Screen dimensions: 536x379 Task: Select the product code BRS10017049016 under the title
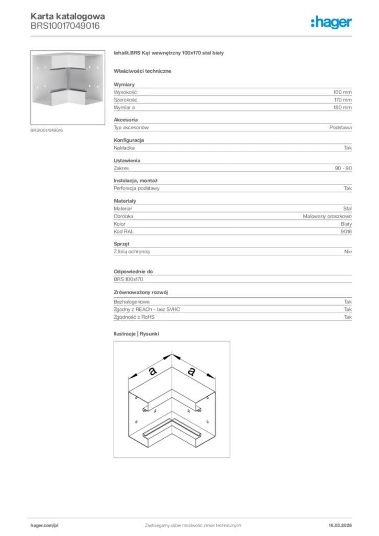[65, 25]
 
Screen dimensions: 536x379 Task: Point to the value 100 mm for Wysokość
[342, 92]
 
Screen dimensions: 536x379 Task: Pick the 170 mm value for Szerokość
[342, 99]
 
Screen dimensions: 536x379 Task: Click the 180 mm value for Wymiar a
[342, 107]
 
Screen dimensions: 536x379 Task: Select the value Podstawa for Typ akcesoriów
[340, 128]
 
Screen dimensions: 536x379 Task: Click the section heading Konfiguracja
[129, 140]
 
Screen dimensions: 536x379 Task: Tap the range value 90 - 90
[343, 168]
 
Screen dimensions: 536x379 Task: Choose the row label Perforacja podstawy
[137, 188]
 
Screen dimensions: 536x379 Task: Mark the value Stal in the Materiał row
[347, 208]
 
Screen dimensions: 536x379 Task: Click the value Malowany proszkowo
[327, 216]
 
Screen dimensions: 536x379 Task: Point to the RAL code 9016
[345, 231]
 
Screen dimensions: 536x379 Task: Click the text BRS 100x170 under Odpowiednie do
[128, 280]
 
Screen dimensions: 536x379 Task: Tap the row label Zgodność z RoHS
[135, 317]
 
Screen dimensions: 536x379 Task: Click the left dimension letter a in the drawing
[152, 371]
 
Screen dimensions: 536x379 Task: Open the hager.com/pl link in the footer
[44, 525]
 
